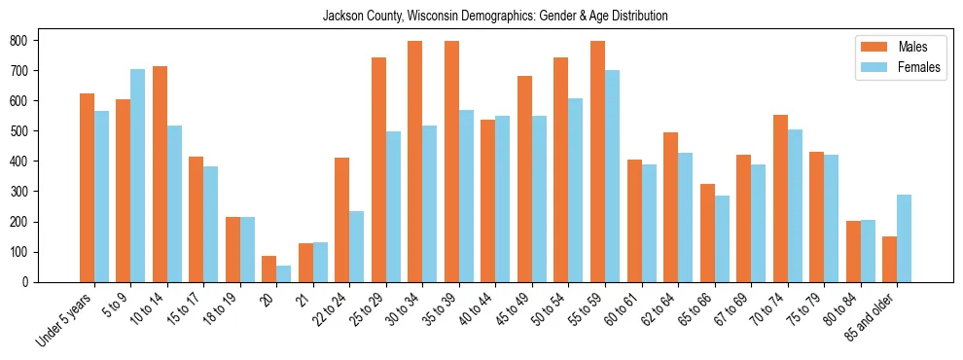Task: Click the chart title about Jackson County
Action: tap(495, 17)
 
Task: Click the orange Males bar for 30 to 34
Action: tap(414, 162)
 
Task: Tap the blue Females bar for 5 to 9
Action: tap(137, 175)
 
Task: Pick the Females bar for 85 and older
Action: tap(904, 238)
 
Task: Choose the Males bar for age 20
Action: tap(268, 269)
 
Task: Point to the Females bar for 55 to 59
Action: tap(612, 176)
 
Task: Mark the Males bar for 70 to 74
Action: tap(780, 198)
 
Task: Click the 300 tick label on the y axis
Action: tap(19, 192)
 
